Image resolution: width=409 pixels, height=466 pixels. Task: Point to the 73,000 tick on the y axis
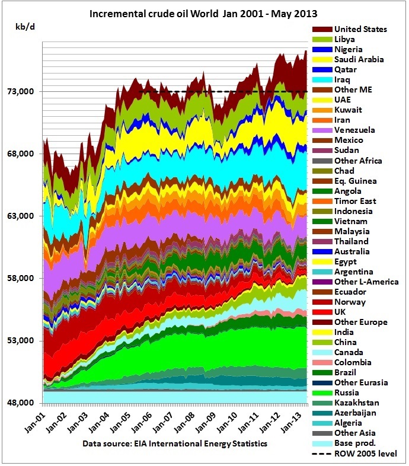click(24, 92)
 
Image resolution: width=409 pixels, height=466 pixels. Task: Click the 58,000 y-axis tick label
click(24, 279)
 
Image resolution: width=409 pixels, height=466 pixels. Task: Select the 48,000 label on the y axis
click(24, 403)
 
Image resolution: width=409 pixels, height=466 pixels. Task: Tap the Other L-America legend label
click(366, 282)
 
